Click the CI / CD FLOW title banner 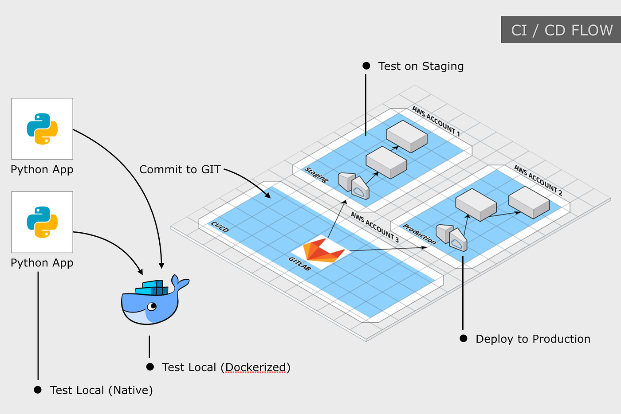pyautogui.click(x=561, y=30)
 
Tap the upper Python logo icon pyautogui.click(x=42, y=129)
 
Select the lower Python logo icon pyautogui.click(x=42, y=222)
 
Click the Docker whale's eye pyautogui.click(x=152, y=306)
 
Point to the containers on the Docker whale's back pyautogui.click(x=153, y=288)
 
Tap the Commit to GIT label pyautogui.click(x=180, y=169)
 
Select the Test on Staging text pyautogui.click(x=421, y=66)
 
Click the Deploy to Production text pyautogui.click(x=533, y=339)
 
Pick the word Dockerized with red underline pyautogui.click(x=256, y=367)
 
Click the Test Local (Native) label pyautogui.click(x=101, y=390)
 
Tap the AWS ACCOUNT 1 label pyautogui.click(x=436, y=121)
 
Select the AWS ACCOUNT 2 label pyautogui.click(x=538, y=180)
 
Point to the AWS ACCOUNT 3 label pyautogui.click(x=375, y=227)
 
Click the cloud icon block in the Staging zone pyautogui.click(x=360, y=189)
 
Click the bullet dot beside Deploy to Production pyautogui.click(x=464, y=339)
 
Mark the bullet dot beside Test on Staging pyautogui.click(x=366, y=66)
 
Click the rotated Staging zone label pyautogui.click(x=316, y=175)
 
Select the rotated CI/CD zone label pyautogui.click(x=220, y=227)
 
